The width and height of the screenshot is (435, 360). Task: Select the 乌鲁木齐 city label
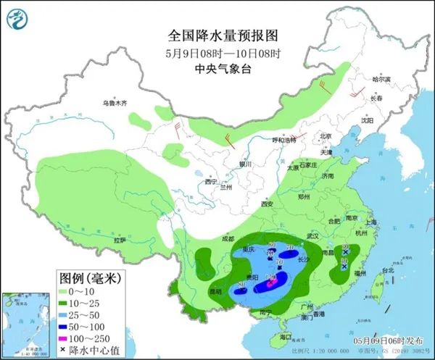click(114, 104)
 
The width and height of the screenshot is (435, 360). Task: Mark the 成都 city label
click(228, 238)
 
